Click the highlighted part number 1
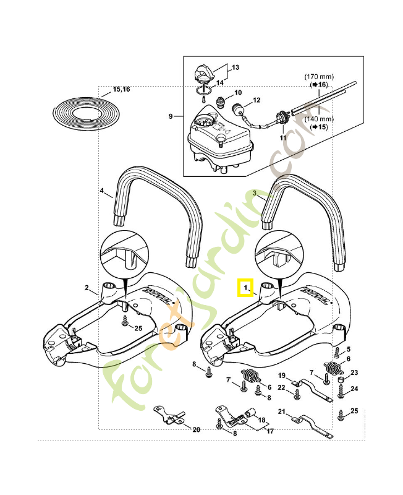246,288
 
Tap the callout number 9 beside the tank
170,116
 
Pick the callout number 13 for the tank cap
235,66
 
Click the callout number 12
257,100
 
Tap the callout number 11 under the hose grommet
283,137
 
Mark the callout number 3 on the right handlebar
255,193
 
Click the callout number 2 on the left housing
88,288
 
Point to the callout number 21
281,411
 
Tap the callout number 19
281,376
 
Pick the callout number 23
354,372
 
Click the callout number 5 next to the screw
348,350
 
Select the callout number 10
238,93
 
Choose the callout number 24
354,389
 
